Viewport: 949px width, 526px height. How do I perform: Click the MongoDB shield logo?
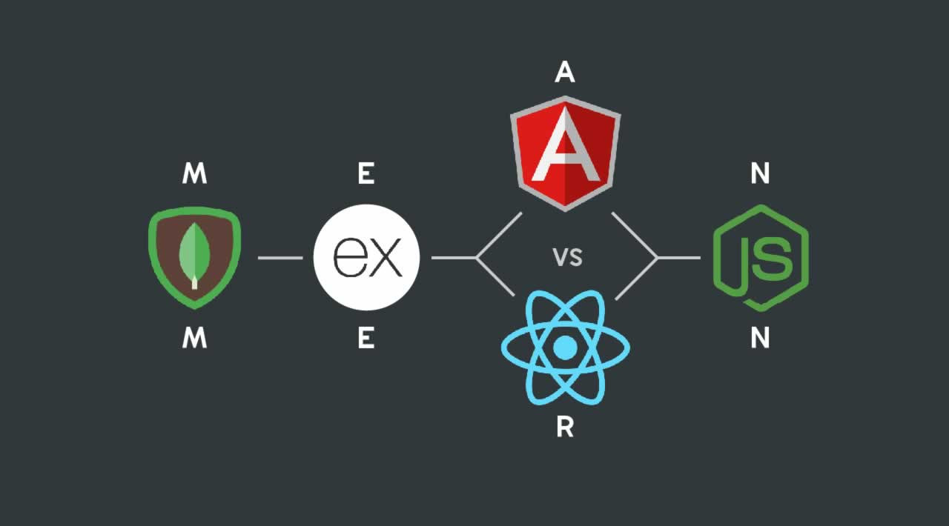point(194,258)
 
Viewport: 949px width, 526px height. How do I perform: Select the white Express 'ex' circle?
point(366,258)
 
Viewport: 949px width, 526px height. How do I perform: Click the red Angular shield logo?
point(565,156)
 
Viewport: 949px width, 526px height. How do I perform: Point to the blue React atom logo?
point(565,347)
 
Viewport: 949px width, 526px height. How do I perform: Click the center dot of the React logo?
point(565,347)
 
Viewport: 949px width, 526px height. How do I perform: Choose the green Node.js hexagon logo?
point(760,258)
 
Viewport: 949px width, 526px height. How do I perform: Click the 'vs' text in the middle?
point(567,258)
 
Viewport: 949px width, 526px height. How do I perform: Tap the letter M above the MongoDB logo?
point(194,174)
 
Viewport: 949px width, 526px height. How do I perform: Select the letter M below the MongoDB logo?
point(194,339)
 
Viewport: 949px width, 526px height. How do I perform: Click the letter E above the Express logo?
point(366,174)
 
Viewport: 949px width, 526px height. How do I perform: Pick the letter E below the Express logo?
point(366,339)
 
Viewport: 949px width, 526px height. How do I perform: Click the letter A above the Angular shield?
point(565,72)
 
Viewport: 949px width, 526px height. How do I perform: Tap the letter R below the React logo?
point(565,429)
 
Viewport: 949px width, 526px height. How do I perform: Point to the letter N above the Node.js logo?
point(760,174)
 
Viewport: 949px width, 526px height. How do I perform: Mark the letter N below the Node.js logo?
point(760,339)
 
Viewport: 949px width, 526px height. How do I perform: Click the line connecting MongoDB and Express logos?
point(280,258)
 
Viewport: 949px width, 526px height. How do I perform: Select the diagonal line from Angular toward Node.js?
point(634,234)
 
